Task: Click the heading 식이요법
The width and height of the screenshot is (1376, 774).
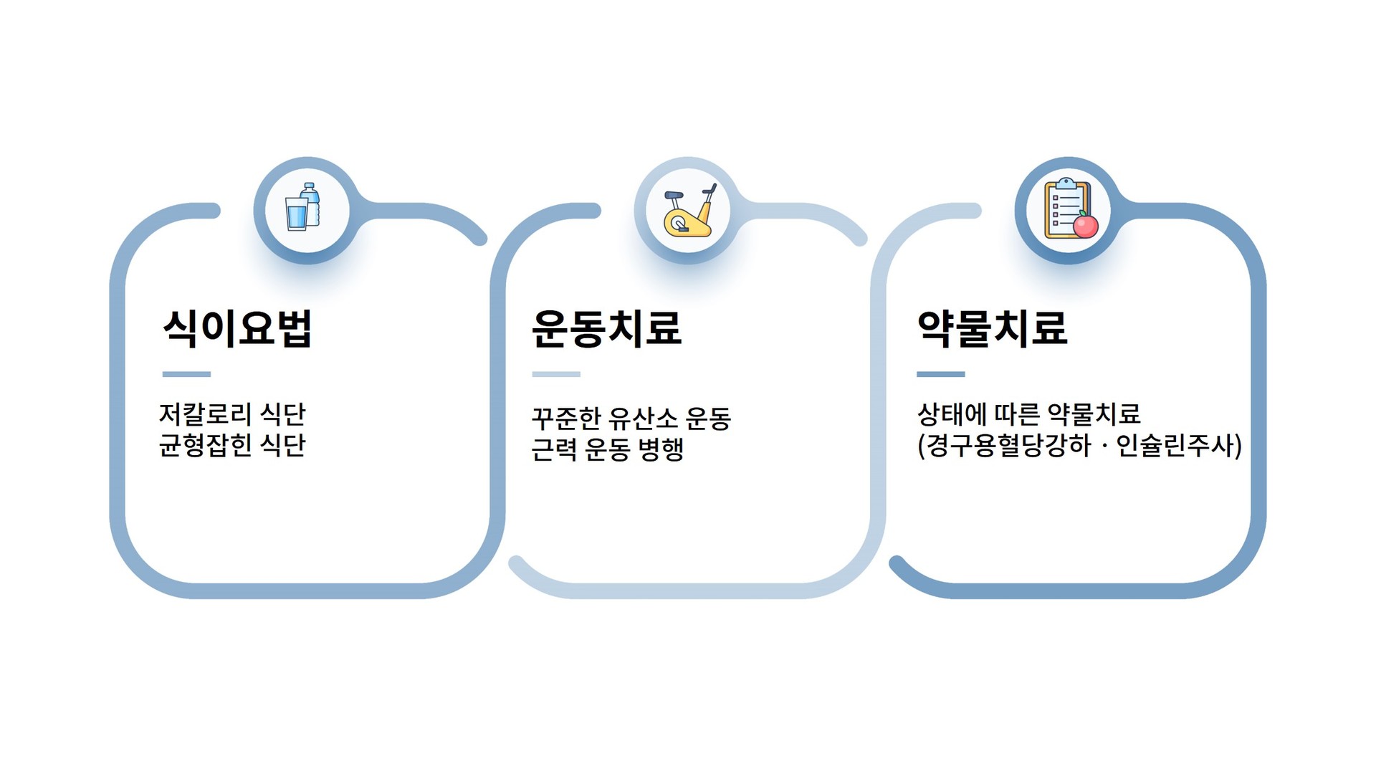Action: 237,328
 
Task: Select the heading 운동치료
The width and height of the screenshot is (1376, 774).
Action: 606,328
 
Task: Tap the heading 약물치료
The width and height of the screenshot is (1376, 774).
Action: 993,328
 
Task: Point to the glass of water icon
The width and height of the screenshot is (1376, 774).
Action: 297,214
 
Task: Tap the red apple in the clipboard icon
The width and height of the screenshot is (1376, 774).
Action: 1086,225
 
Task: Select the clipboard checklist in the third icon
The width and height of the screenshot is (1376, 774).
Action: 1066,208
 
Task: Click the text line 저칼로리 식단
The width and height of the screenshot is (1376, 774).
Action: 232,414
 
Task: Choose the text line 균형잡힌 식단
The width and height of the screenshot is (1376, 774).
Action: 232,445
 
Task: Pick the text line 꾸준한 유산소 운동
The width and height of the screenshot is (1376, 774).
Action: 631,419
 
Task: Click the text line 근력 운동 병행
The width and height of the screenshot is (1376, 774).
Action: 608,449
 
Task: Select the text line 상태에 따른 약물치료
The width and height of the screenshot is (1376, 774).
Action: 1028,414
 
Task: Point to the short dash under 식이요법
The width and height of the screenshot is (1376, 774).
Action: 186,374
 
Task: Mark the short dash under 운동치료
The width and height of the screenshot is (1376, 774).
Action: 556,374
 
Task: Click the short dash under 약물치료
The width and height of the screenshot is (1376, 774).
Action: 941,374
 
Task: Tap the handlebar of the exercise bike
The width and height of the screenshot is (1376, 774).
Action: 709,190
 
